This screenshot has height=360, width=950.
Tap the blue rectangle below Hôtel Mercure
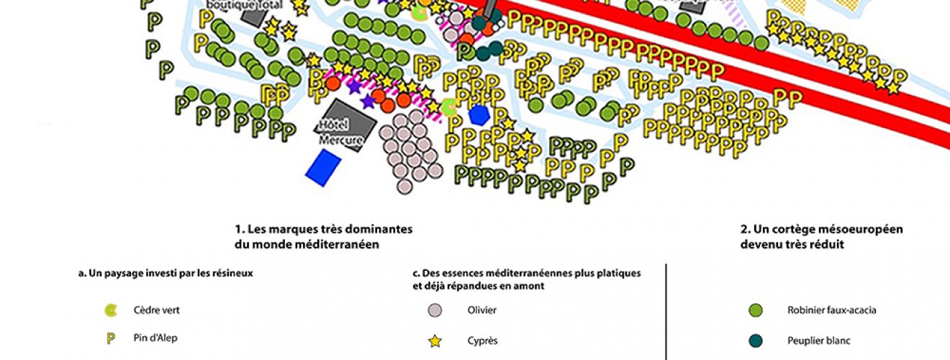[323, 167]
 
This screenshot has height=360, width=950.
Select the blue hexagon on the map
[479, 114]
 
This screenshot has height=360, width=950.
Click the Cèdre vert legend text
[156, 310]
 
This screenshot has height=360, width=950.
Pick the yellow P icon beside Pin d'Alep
[111, 338]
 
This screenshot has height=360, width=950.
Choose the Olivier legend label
[481, 310]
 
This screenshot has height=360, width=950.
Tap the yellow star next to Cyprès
[435, 341]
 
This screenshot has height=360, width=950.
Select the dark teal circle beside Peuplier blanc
[756, 341]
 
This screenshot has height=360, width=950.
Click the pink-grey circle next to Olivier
[435, 311]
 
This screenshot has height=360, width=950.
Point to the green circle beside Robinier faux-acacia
[756, 311]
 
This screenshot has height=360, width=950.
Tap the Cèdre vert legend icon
[111, 311]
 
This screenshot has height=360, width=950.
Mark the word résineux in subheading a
[232, 274]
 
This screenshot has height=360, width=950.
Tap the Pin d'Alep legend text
[155, 338]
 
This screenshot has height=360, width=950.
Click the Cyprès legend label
[482, 341]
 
